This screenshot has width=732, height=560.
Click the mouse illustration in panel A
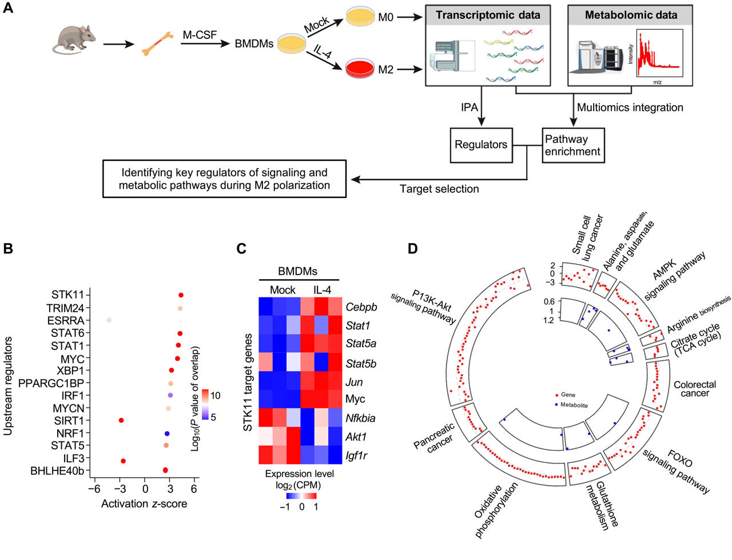[72, 41]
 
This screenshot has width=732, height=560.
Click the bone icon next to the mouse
[157, 44]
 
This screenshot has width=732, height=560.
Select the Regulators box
[481, 145]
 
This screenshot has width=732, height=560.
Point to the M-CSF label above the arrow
[200, 35]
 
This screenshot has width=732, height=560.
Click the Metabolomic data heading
[630, 15]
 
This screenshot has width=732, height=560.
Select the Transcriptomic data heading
[488, 15]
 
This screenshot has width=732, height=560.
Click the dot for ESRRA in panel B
[109, 320]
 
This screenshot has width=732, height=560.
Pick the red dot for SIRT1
[121, 420]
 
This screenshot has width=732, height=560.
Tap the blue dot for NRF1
[167, 434]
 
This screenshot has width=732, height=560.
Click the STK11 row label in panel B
[67, 295]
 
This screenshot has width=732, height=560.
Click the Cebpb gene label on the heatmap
[361, 307]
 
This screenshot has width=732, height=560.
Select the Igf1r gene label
[357, 455]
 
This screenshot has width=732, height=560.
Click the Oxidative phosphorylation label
[496, 510]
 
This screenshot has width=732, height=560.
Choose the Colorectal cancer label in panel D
[695, 389]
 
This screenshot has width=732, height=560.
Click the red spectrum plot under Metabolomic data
[658, 54]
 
